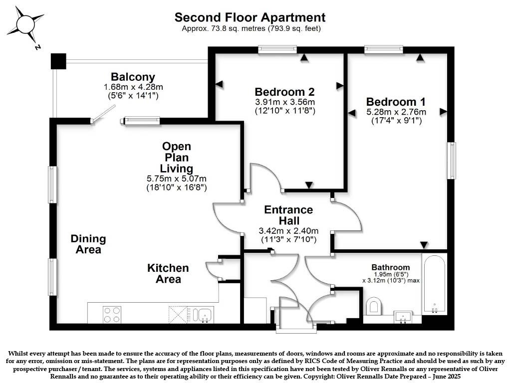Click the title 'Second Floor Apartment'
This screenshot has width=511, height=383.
coord(250,17)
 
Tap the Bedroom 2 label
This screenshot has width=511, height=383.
coord(284,92)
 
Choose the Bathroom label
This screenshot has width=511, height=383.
coord(391,267)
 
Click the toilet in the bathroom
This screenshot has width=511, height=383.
coord(373,306)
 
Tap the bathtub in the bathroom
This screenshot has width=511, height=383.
coord(434,284)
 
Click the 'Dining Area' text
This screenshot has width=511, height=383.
coord(88,244)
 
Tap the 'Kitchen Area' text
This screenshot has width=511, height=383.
coord(168,273)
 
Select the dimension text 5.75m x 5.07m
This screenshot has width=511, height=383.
coord(177,178)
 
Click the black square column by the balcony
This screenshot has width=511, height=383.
coord(58,61)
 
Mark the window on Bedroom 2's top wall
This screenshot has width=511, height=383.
coord(277,49)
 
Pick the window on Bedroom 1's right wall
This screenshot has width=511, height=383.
coord(451,161)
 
